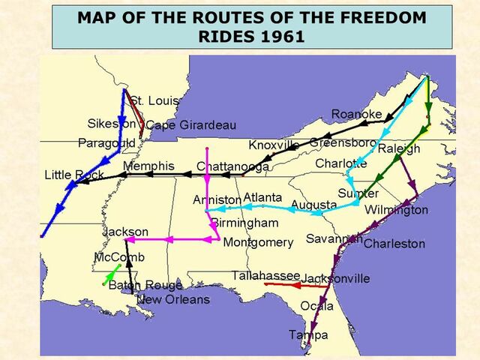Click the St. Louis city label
pyautogui.click(x=154, y=100)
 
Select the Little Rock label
pyautogui.click(x=74, y=175)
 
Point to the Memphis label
pyautogui.click(x=148, y=166)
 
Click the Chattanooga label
pyautogui.click(x=233, y=166)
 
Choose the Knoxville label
pyautogui.click(x=274, y=145)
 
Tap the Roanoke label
pyautogui.click(x=356, y=114)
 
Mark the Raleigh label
pyautogui.click(x=399, y=148)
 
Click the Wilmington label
pyautogui.click(x=396, y=210)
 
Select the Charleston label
pyautogui.click(x=394, y=244)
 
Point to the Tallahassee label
pyautogui.click(x=265, y=276)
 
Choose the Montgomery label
pyautogui.click(x=258, y=242)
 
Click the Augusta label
pyautogui.click(x=313, y=204)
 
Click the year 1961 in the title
pyautogui.click(x=279, y=36)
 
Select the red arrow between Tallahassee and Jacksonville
pyautogui.click(x=294, y=285)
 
